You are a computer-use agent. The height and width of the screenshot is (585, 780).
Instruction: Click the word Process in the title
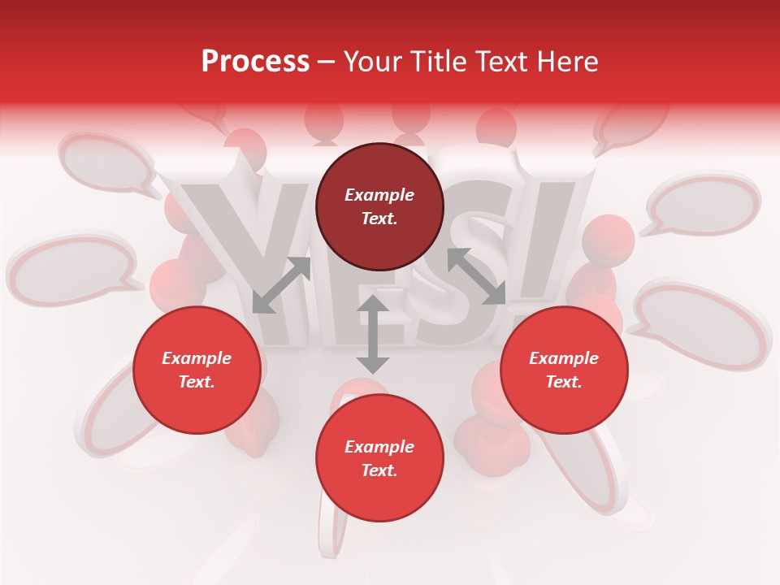tap(255, 61)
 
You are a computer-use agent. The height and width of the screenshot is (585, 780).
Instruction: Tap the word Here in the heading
tap(566, 61)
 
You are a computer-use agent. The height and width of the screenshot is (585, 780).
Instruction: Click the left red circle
tap(197, 370)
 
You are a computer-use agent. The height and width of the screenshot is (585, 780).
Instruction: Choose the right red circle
tap(564, 370)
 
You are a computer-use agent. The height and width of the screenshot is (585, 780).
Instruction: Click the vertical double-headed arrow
tap(373, 334)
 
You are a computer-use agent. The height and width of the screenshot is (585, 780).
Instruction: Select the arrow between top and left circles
tap(281, 285)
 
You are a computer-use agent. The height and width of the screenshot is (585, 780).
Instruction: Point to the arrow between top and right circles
tap(477, 276)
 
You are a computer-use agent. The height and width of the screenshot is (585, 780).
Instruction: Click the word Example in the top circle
tap(379, 195)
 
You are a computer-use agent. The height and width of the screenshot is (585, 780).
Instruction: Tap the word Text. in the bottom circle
tap(379, 470)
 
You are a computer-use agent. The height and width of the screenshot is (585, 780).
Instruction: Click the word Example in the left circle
tap(197, 358)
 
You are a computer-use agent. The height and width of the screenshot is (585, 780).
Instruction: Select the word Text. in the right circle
tap(564, 382)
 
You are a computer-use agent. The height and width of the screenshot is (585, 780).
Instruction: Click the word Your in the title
tap(373, 61)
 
